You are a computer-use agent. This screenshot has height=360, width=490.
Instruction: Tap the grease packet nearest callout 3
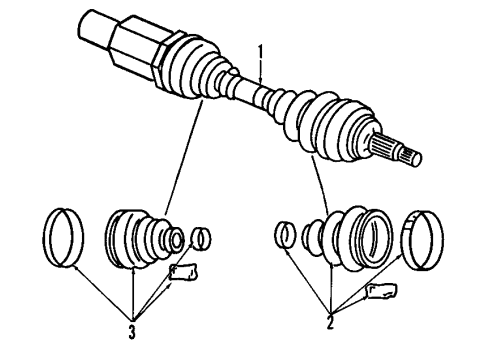187,271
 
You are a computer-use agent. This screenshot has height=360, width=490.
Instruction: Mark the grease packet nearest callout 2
384,290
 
